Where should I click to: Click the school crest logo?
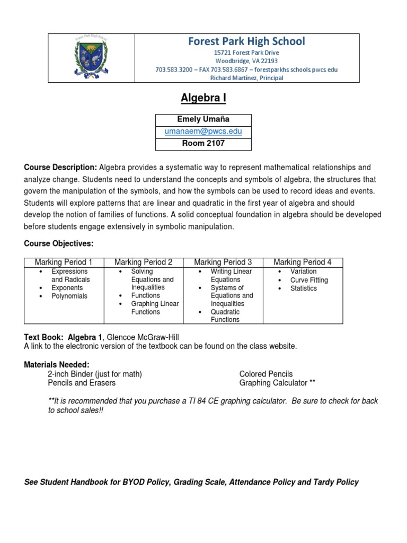92,58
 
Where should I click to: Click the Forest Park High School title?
246,41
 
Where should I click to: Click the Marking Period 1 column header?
64,262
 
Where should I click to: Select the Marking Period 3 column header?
223,262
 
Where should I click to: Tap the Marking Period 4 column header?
303,262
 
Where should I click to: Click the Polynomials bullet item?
69,296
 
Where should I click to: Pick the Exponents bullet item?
67,288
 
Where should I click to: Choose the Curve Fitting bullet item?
309,280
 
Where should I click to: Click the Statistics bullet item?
303,288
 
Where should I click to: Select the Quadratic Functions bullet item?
225,316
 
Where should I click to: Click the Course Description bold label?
60,168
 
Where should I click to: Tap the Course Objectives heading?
58,243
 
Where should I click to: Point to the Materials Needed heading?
57,365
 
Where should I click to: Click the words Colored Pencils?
266,374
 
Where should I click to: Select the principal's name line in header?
246,78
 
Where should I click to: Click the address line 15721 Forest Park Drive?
246,53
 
